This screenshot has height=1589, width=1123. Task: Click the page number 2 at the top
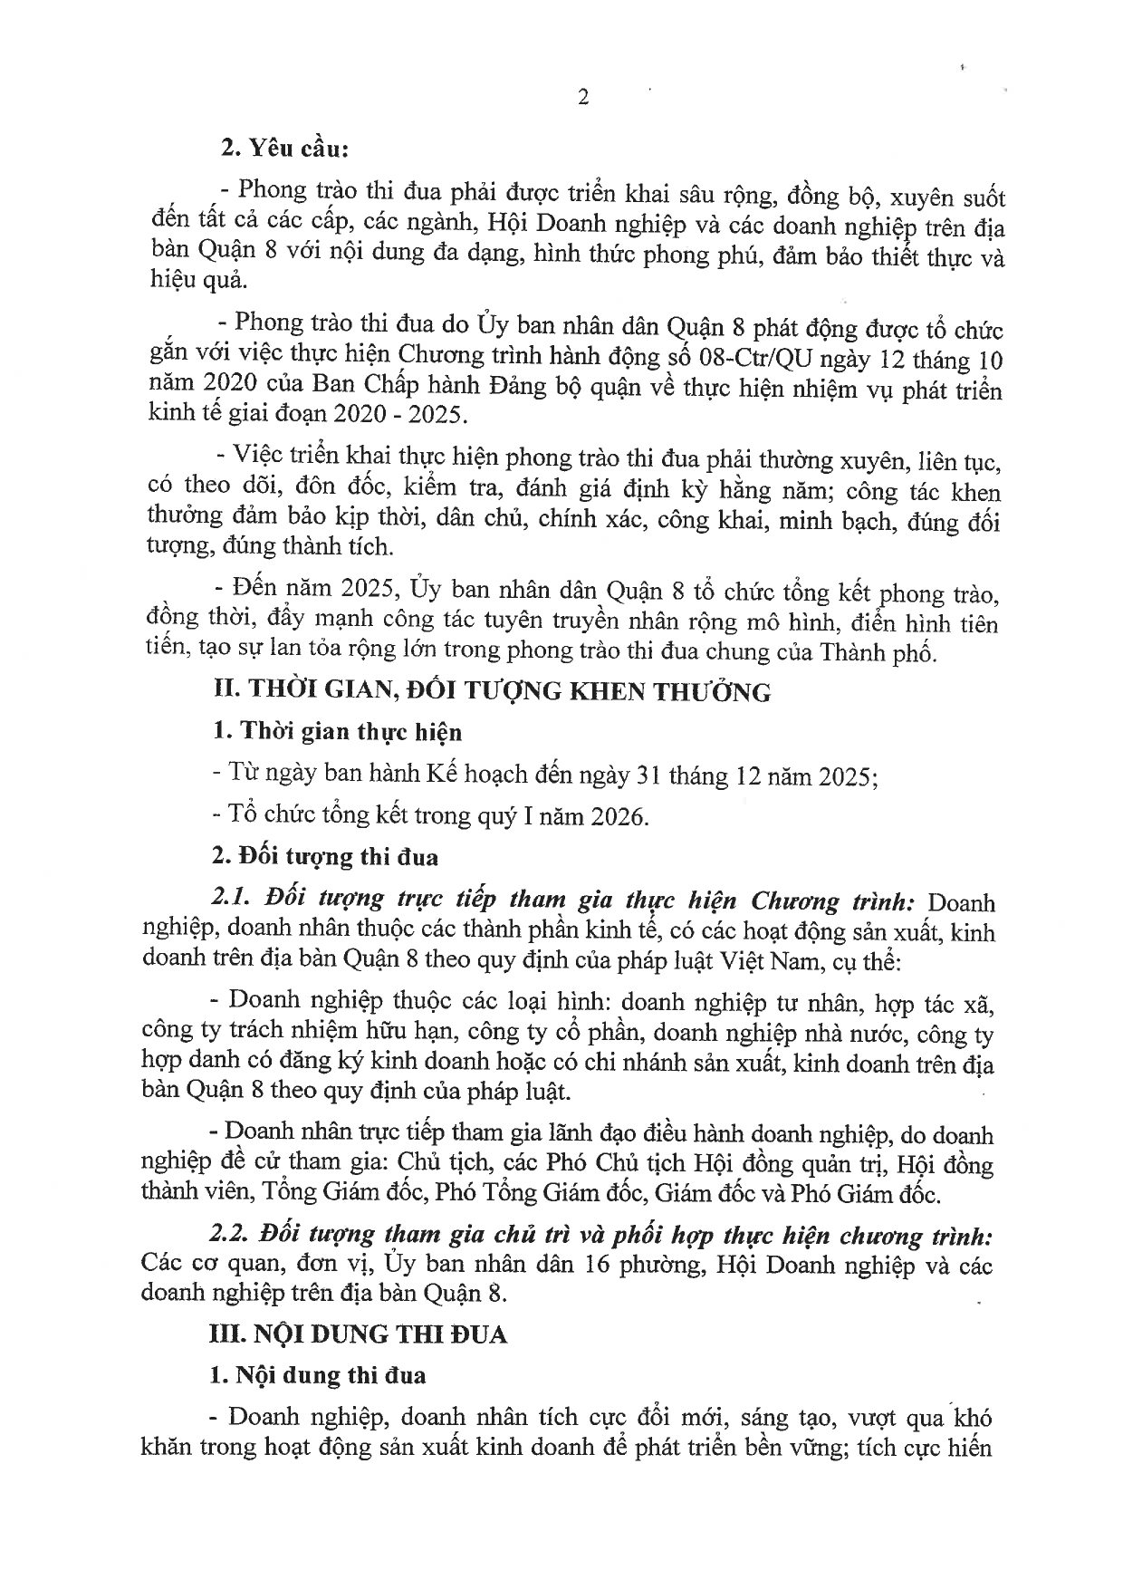point(583,98)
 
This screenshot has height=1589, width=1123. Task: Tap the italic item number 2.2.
point(230,1237)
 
